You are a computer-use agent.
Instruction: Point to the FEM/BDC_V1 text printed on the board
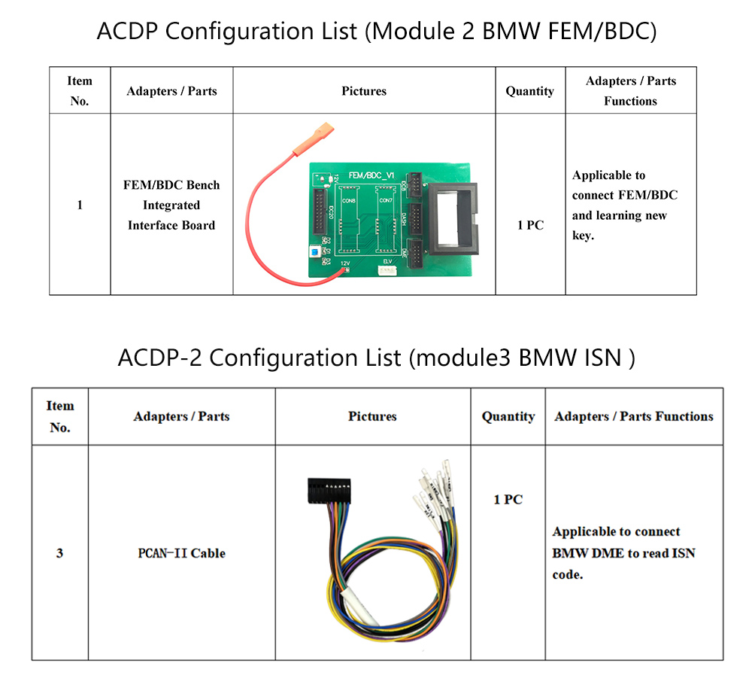point(371,175)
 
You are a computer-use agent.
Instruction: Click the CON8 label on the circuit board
point(349,201)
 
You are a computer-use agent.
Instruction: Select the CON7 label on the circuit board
point(386,201)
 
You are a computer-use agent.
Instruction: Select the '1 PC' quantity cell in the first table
point(530,225)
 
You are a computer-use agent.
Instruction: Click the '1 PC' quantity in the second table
point(508,500)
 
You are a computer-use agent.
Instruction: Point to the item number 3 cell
point(59,553)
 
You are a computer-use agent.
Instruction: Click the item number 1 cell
point(80,205)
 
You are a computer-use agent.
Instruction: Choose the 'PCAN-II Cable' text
point(181,553)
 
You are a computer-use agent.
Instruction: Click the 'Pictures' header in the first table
point(364,91)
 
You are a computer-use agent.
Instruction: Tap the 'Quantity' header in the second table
point(508,416)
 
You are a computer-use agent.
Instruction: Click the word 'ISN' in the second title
point(602,358)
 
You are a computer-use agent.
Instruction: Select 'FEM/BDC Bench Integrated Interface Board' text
point(171,205)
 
